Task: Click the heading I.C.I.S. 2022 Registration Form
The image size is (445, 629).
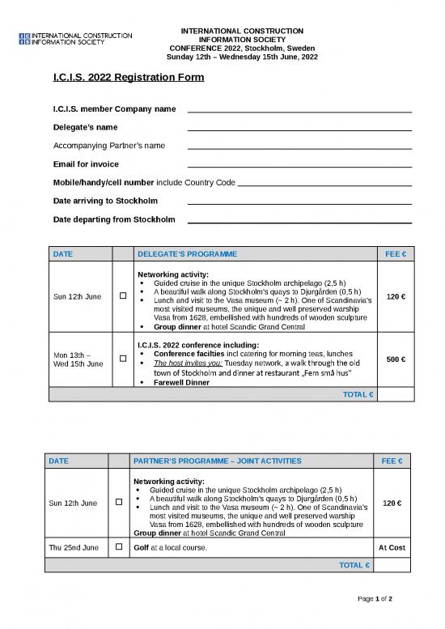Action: (128, 78)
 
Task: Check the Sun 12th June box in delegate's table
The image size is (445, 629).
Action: (121, 296)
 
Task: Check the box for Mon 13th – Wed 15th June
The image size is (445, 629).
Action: (121, 359)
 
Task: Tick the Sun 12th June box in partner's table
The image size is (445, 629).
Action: (118, 503)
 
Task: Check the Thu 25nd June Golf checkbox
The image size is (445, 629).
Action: (118, 548)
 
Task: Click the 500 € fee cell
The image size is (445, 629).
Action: (396, 359)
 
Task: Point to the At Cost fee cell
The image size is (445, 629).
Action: (392, 548)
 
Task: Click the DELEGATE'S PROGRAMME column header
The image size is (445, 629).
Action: (187, 254)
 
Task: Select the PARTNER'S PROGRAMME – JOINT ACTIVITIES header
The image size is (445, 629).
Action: (217, 461)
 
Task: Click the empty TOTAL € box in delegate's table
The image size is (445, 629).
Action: (396, 394)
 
